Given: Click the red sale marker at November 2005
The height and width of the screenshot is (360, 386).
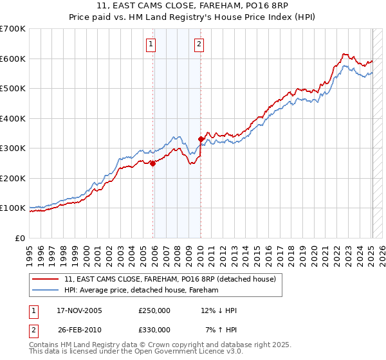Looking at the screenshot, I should [153, 163].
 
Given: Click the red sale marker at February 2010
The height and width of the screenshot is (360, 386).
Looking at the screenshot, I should [201, 139].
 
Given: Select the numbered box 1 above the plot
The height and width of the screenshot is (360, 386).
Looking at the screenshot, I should [151, 44].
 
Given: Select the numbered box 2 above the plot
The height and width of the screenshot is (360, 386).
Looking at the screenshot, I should [199, 44].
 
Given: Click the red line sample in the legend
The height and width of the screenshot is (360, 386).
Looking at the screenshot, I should [46, 279].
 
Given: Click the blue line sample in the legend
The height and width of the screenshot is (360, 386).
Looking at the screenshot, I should [46, 290].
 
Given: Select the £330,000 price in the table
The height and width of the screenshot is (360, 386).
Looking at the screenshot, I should [154, 330].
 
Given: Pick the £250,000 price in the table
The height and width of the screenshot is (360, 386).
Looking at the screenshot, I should [154, 310].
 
